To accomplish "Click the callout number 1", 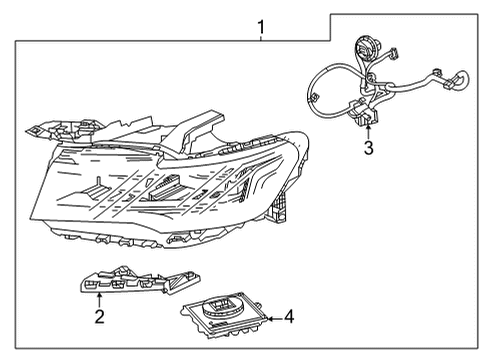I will coord(261,26).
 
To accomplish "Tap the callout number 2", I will coord(99,317).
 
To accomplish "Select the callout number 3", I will coord(368,149).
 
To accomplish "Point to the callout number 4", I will coord(289,317).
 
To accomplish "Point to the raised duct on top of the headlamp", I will coord(200,125).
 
